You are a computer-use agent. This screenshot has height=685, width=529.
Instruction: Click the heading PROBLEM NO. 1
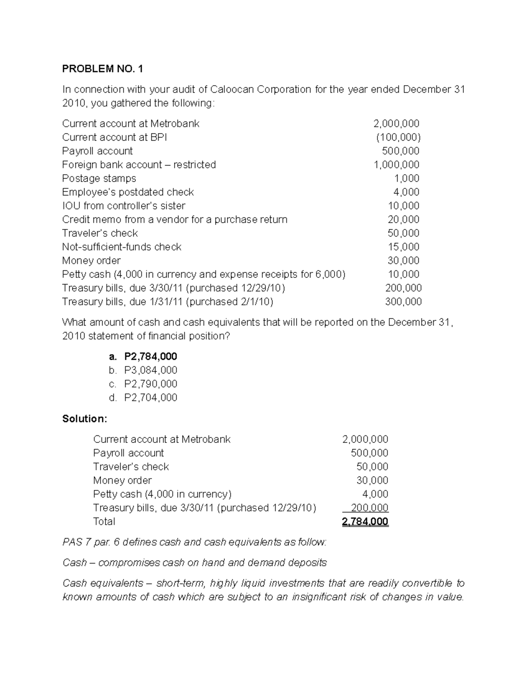click(103, 69)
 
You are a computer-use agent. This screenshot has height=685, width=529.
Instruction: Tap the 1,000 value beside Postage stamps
click(406, 178)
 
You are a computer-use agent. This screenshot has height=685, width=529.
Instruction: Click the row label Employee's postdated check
click(128, 192)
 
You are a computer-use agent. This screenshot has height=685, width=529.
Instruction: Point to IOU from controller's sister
click(123, 206)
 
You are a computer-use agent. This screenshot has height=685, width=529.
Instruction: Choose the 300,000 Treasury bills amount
click(403, 302)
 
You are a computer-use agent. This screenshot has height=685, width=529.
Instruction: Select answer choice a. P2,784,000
click(143, 356)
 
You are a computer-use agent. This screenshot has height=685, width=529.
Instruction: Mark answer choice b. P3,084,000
click(143, 370)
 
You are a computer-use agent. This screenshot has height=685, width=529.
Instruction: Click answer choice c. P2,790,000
click(143, 384)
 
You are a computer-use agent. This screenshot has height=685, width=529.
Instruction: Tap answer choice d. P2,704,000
click(143, 397)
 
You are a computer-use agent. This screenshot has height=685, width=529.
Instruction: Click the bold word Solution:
click(85, 419)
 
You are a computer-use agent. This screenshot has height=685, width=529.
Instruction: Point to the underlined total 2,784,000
click(365, 522)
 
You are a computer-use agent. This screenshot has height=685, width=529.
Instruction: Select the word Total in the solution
click(104, 521)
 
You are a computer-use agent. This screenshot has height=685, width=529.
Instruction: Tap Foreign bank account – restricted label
click(139, 165)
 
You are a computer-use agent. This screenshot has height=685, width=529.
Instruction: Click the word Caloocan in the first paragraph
click(232, 89)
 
